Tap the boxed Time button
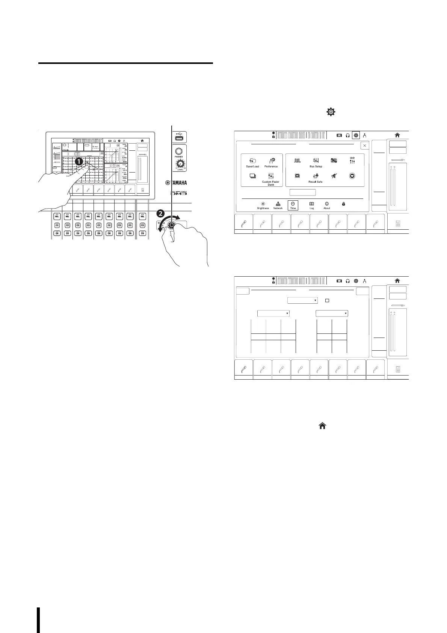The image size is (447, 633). point(293,205)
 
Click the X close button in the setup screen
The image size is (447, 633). point(364,145)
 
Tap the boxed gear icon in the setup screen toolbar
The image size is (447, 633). point(356,135)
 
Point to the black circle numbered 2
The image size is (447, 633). point(160,214)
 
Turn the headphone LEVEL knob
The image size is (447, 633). point(181,164)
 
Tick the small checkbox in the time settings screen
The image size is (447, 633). point(327,301)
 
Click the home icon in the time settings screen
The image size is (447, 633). point(397,281)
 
